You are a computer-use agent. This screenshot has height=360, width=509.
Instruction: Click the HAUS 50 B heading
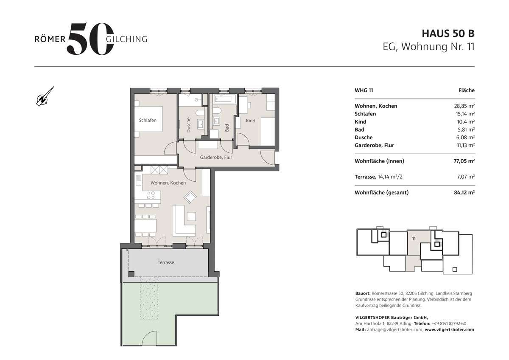tap(447, 33)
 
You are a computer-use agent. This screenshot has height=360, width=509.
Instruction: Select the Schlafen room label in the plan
tap(148, 120)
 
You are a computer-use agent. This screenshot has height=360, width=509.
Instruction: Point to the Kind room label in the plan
tap(251, 121)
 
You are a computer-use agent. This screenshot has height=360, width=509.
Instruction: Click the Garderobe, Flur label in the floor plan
tap(216, 157)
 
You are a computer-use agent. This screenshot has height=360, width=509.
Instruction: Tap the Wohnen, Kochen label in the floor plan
tap(168, 183)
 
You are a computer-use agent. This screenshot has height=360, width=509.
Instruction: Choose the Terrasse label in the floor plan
tap(166, 262)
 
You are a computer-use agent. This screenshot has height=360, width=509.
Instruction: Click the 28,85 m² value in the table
tap(464, 106)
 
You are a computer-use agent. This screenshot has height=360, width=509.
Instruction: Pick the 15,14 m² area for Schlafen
tap(464, 114)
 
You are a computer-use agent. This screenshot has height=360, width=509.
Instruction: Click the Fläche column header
tap(466, 90)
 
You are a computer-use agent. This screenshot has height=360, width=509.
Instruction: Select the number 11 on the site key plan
tap(413, 239)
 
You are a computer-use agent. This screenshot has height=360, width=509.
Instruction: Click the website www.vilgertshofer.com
tap(449, 329)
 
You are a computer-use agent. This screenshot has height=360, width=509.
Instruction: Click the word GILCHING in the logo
tap(126, 39)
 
